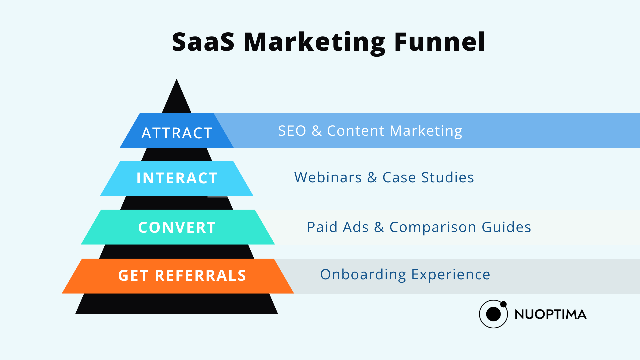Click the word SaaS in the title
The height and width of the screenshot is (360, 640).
(203, 42)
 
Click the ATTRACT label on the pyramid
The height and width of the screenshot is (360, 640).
(177, 133)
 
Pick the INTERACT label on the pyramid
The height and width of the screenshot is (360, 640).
(177, 178)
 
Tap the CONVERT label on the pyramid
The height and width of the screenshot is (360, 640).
(177, 227)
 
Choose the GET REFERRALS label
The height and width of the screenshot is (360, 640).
(182, 275)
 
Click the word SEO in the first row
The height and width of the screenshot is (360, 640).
(292, 131)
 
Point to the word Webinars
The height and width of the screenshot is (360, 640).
(328, 177)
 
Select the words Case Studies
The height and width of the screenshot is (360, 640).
(428, 177)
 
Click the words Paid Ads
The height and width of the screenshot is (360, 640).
(338, 227)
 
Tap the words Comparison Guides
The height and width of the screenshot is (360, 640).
(460, 227)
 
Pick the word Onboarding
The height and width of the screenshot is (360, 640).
(363, 275)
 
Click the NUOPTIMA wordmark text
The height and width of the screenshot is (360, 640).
(550, 314)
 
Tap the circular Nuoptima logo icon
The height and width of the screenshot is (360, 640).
(493, 314)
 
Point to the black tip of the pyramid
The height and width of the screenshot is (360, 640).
(177, 79)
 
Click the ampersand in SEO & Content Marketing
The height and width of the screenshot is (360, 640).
(317, 131)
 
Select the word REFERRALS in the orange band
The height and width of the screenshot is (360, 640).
(201, 275)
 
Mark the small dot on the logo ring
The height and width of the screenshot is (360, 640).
(503, 304)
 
